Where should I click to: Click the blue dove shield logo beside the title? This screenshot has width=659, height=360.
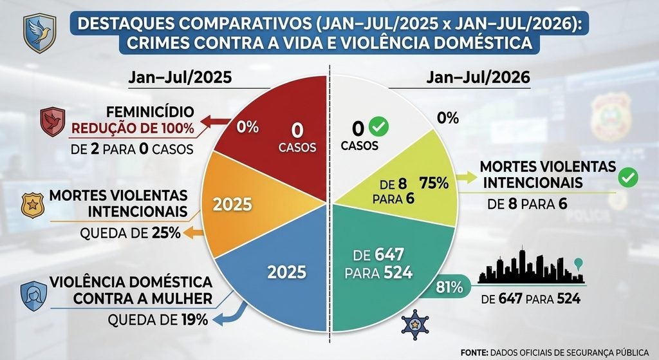39,33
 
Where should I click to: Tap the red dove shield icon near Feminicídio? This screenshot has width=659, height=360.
53,122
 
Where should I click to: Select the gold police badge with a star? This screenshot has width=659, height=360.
32,205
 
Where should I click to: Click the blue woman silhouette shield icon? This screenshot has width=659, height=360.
33,296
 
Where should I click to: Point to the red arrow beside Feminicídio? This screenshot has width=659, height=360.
215,122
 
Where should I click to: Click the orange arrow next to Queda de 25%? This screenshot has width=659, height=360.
193,232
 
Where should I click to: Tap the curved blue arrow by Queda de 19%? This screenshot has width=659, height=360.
230,314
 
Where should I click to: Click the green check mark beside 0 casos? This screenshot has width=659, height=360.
378,127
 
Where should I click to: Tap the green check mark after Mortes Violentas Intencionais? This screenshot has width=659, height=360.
628,178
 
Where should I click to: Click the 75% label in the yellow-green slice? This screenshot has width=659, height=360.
434,184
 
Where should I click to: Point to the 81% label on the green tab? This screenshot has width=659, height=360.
449,287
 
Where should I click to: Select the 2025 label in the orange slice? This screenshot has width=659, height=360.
232,205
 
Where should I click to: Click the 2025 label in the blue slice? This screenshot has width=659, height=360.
287,272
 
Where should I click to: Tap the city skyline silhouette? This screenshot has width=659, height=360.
531,266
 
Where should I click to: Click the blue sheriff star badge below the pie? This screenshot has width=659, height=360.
415,324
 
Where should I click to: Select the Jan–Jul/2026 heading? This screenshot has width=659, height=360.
478,78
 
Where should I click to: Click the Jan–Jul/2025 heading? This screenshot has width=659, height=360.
180,78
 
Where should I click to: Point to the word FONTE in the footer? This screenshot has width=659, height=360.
474,352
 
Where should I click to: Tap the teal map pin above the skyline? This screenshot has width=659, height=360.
579,264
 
